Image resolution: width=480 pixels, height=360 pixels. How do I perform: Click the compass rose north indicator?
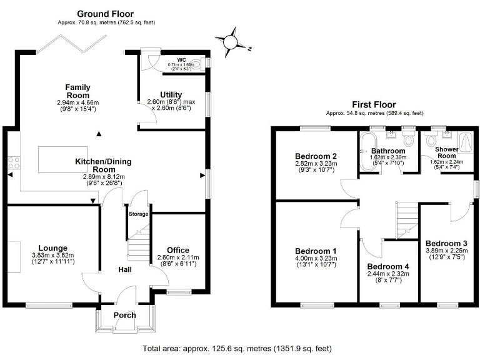pos(231,41)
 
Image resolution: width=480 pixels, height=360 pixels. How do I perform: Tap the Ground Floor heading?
pos(105,14)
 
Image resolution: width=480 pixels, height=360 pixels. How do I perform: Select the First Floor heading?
pos(374,105)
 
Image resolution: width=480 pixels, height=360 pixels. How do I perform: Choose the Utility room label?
pos(171,94)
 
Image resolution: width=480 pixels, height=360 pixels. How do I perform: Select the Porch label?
pos(124,315)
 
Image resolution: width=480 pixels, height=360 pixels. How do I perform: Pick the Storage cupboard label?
pos(138,214)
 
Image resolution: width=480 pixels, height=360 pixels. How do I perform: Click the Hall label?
pos(125,269)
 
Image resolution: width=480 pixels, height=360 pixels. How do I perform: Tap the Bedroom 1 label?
pos(316,250)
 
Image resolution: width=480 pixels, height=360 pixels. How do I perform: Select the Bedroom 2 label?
pos(316,156)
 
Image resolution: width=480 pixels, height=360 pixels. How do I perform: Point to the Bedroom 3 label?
pos(446,243)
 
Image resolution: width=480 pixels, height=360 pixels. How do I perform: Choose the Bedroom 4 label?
pos(388,267)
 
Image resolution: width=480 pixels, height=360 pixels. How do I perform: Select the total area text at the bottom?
pos(237,348)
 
